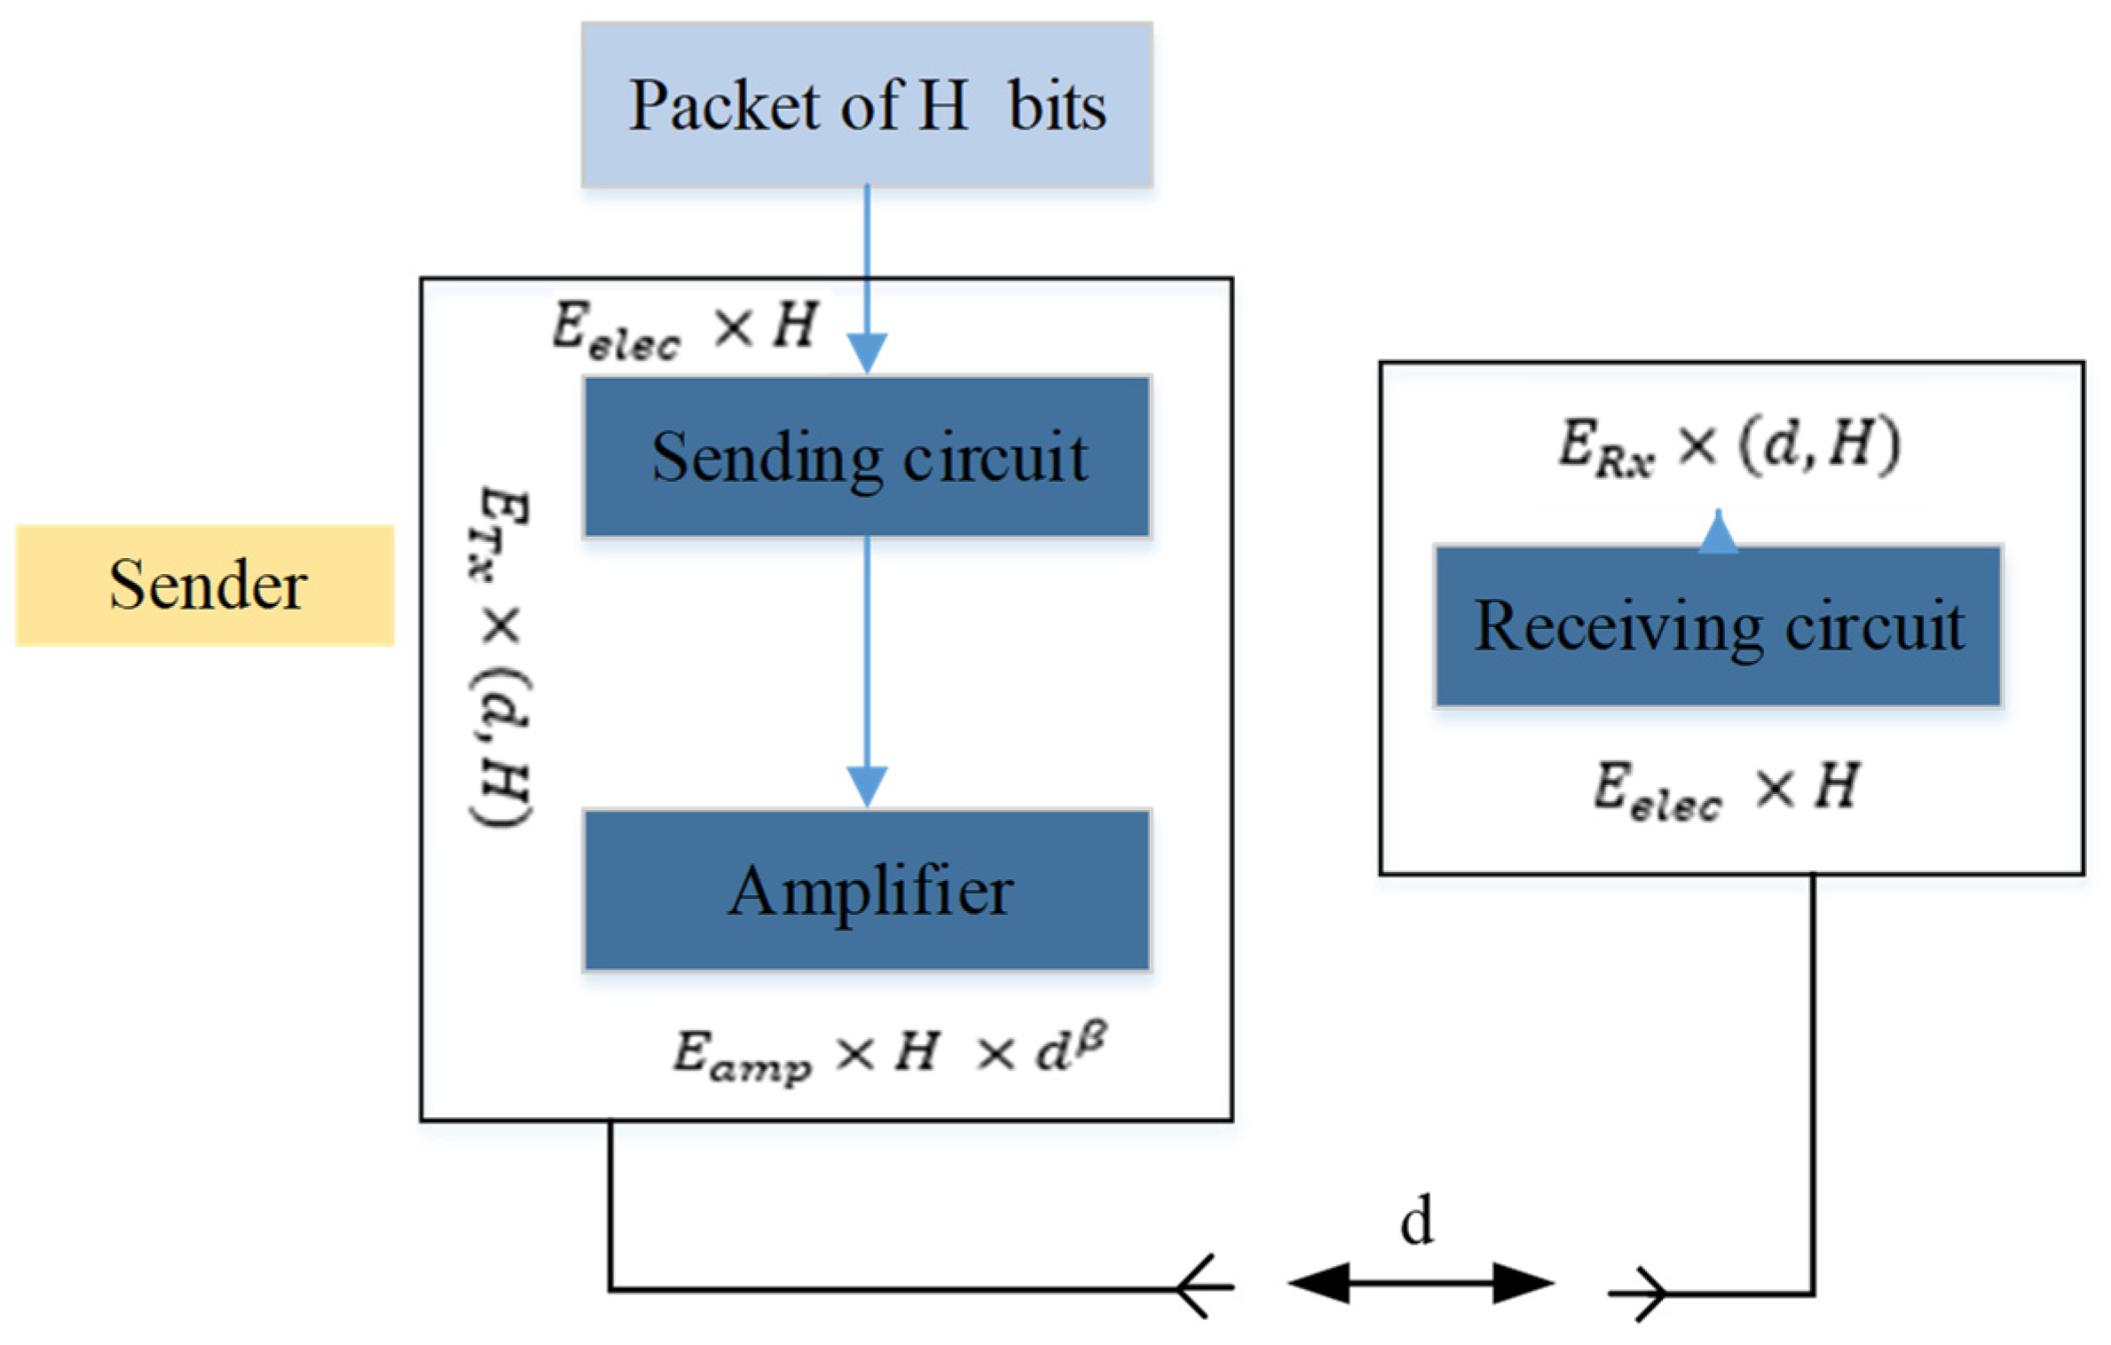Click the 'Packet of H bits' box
867,105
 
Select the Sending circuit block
867,457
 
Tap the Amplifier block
867,890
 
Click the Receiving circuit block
1718,626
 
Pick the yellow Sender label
205,586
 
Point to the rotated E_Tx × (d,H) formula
501,657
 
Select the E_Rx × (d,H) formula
1729,445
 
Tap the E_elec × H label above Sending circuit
684,329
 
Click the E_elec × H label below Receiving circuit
1726,789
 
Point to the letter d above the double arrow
1416,1222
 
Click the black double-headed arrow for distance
1420,1283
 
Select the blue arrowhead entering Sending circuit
867,353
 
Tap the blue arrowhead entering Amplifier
867,786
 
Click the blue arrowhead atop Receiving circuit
1718,533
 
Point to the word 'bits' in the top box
1057,106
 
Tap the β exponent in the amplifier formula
1093,1036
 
